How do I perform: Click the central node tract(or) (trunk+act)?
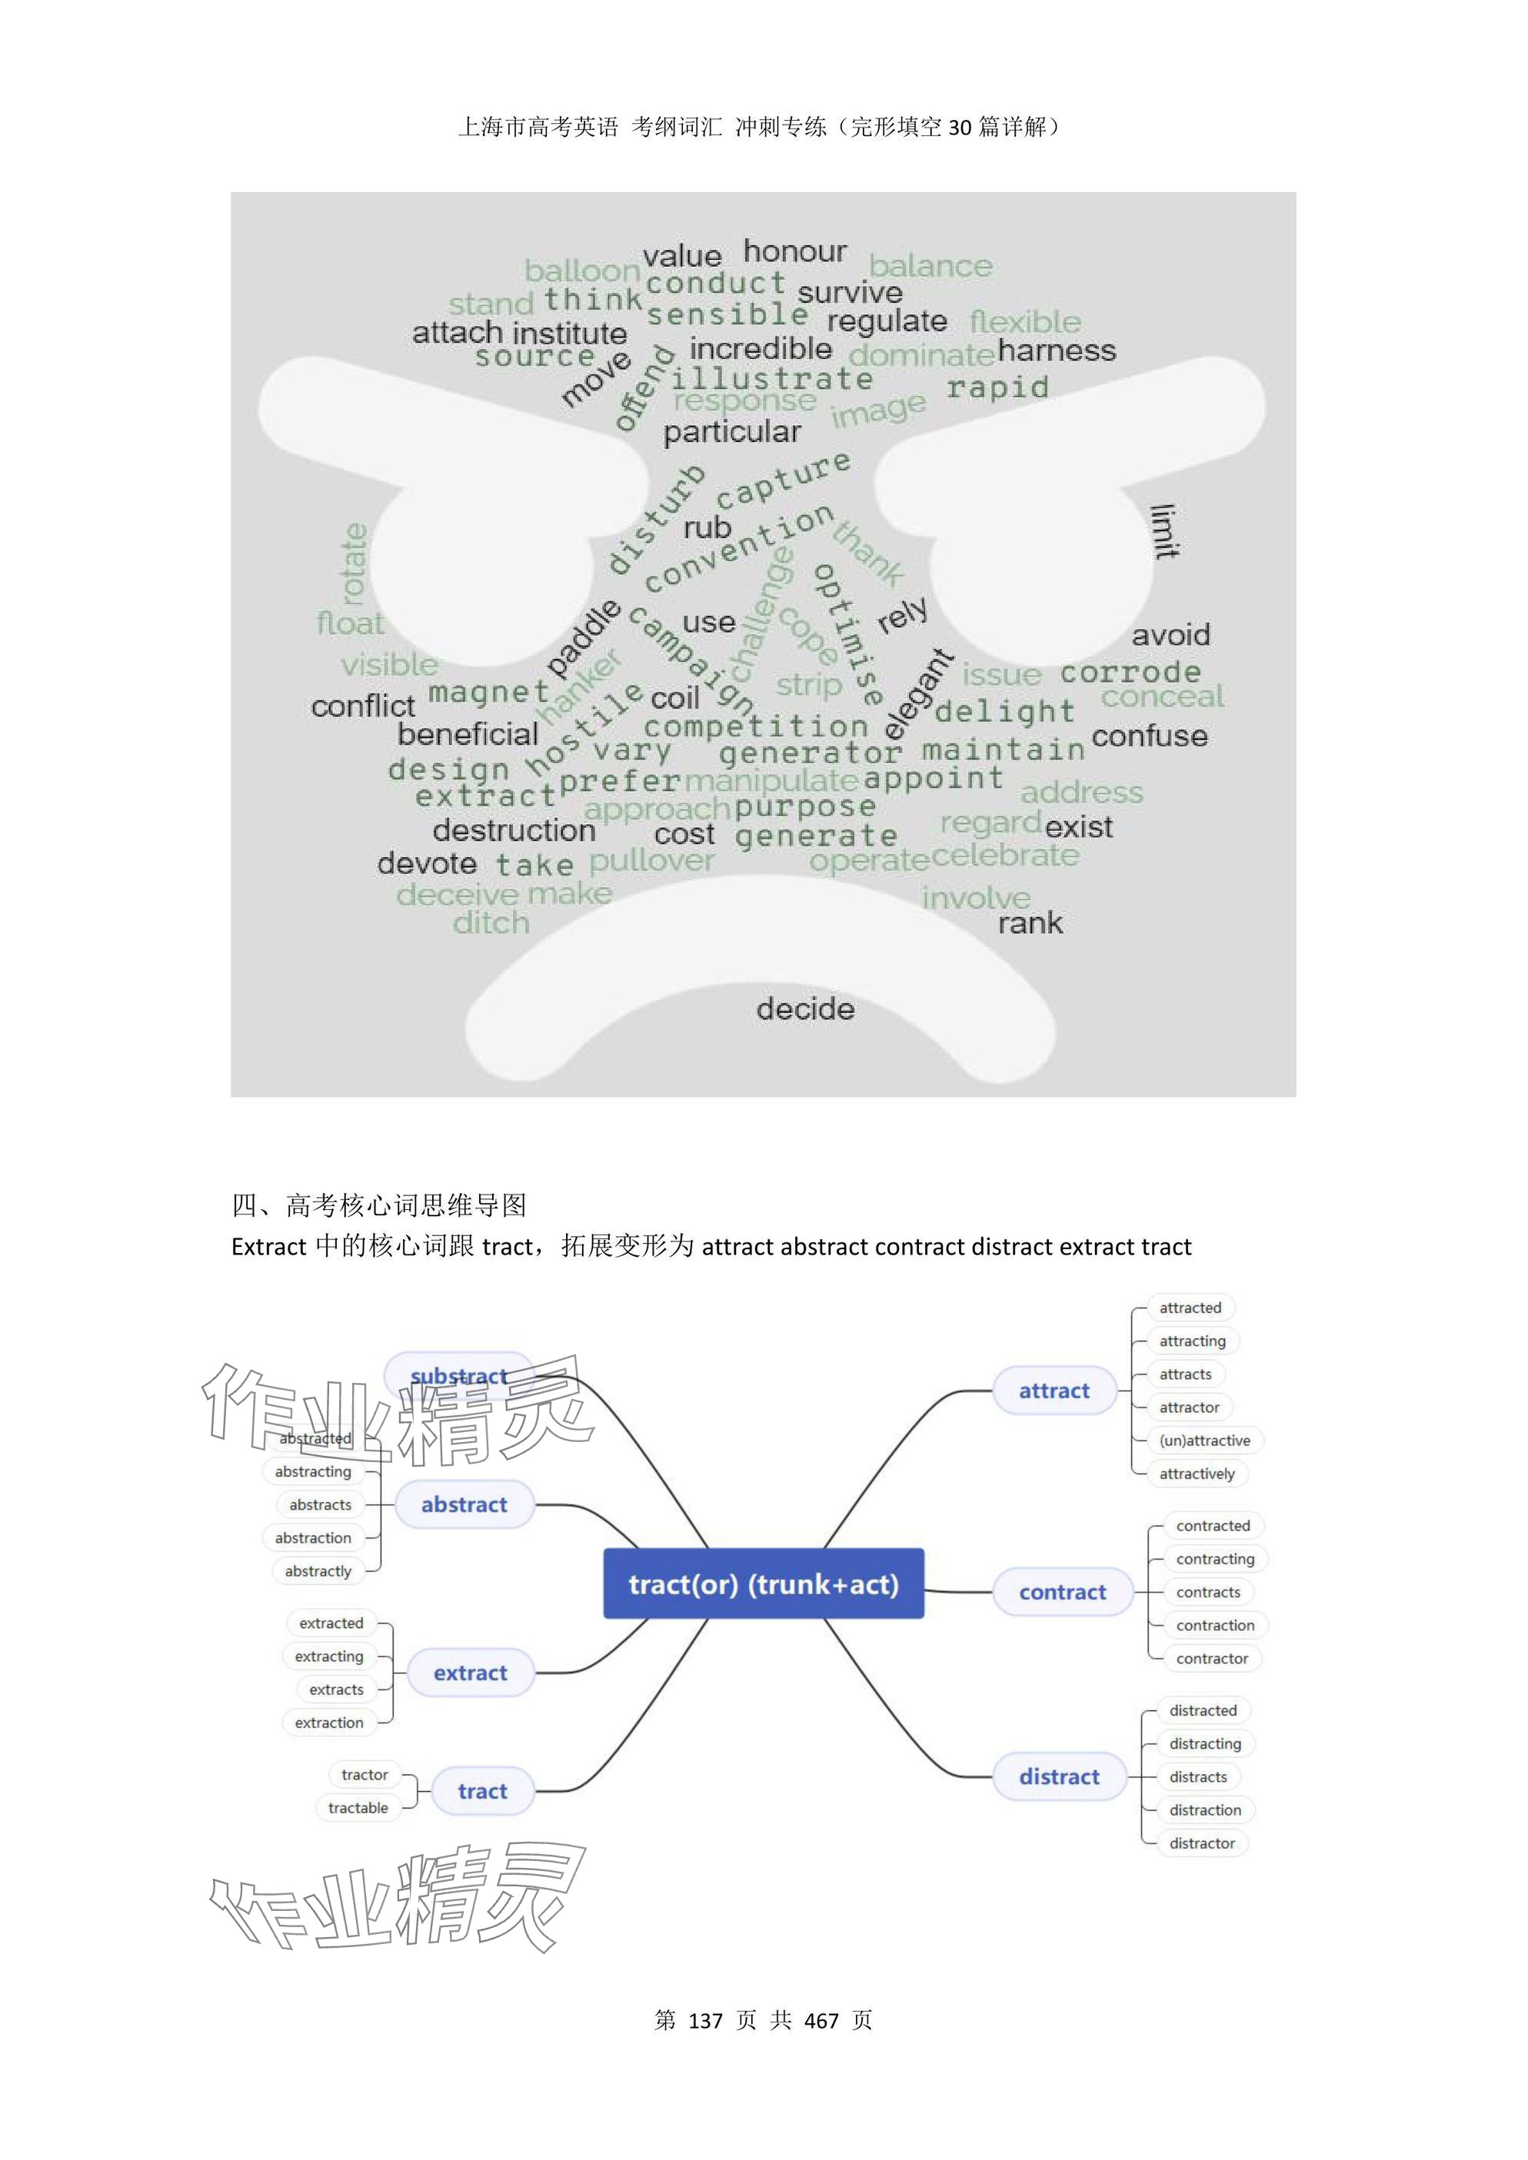pyautogui.click(x=763, y=1584)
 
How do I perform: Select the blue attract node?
pyautogui.click(x=1054, y=1391)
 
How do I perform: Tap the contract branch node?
pyautogui.click(x=1062, y=1592)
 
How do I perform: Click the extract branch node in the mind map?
pyautogui.click(x=470, y=1673)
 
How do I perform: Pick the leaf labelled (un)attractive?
pyautogui.click(x=1204, y=1441)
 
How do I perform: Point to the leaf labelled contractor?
pyautogui.click(x=1212, y=1659)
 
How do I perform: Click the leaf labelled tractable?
pyautogui.click(x=358, y=1807)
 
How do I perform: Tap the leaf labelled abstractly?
pyautogui.click(x=318, y=1571)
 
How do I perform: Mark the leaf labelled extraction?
pyautogui.click(x=328, y=1723)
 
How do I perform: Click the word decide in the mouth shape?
pyautogui.click(x=805, y=1009)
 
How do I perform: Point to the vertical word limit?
pyautogui.click(x=1165, y=531)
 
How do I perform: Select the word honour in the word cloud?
pyautogui.click(x=794, y=251)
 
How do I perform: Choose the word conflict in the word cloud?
pyautogui.click(x=362, y=706)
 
